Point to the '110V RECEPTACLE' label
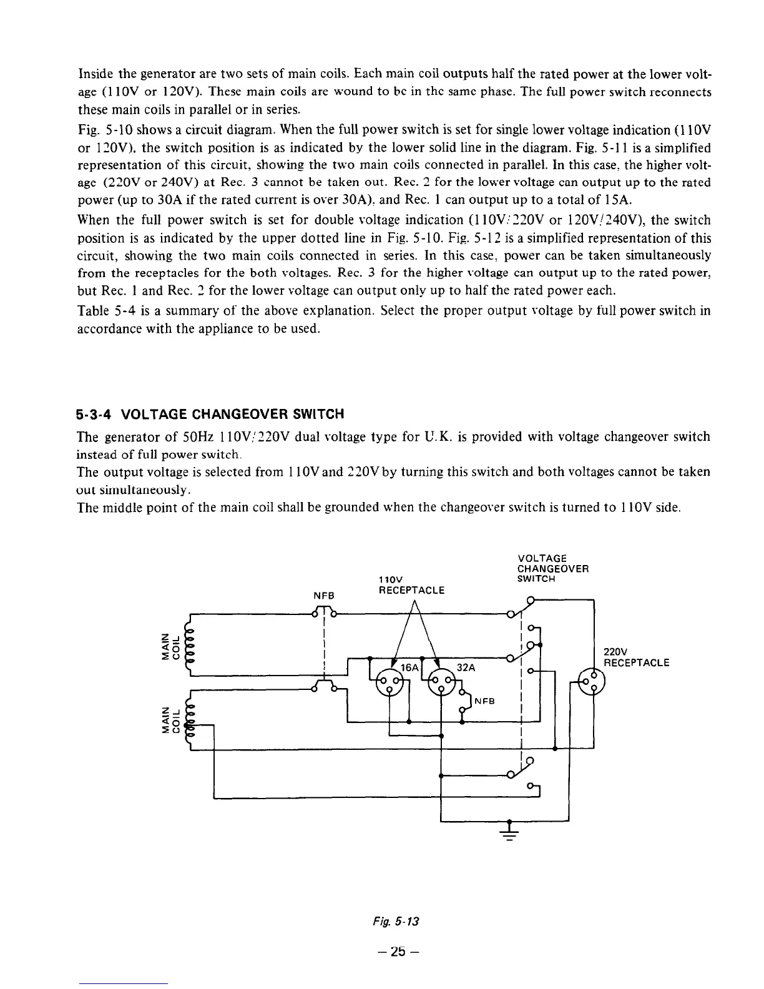pos(411,584)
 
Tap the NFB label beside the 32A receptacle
pos(485,701)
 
